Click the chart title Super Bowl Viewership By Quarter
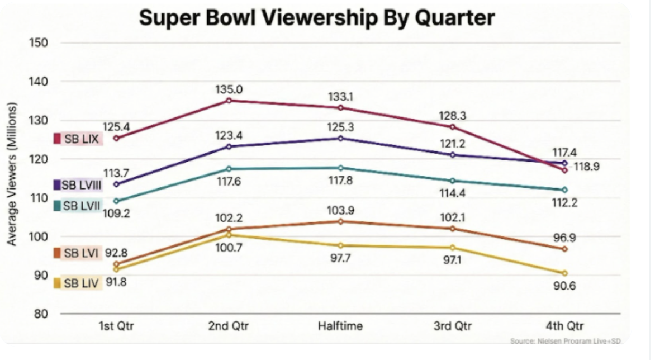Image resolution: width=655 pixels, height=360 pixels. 316,18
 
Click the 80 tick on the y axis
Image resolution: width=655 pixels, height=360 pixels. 41,314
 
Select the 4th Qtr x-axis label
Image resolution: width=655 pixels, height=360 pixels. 564,326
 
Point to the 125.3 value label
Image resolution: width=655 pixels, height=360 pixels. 340,127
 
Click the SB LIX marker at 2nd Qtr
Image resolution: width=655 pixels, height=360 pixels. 228,101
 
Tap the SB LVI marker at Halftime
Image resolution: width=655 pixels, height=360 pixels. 340,221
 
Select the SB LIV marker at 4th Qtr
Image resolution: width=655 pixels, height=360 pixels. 564,273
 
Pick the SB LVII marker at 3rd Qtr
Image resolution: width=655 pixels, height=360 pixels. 452,181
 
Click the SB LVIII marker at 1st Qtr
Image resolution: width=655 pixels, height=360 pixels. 116,184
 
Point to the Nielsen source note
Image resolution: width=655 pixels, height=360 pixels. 566,341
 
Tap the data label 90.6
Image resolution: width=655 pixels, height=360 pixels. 564,286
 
